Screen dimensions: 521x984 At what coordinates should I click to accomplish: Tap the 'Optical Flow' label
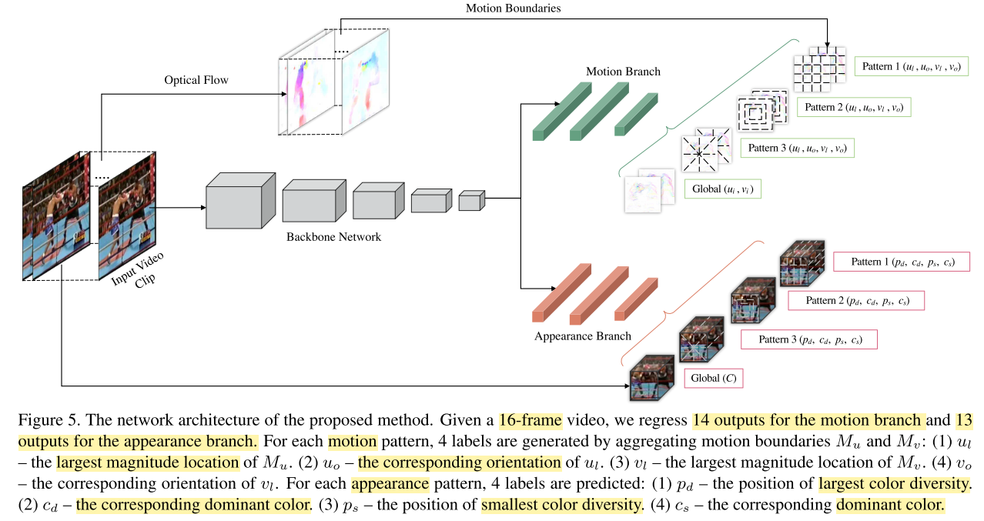196,80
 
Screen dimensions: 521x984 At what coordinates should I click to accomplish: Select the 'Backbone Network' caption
333,236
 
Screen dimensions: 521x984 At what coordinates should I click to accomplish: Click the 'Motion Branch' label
622,72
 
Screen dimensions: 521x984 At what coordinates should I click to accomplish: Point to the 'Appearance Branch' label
582,336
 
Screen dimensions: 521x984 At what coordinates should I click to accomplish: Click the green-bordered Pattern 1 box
911,67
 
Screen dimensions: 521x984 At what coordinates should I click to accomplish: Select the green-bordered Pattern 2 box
854,107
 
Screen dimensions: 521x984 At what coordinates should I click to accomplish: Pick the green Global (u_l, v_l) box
722,188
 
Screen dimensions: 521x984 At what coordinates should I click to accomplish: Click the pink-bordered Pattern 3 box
808,339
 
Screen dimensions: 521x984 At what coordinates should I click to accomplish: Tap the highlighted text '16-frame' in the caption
530,420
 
